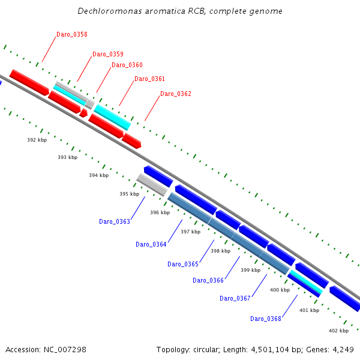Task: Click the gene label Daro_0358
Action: coord(71,35)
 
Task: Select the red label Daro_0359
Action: coord(108,54)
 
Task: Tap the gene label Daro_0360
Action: coord(127,65)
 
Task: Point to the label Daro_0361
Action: coord(149,79)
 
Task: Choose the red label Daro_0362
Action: coord(176,94)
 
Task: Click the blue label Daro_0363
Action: coord(115,221)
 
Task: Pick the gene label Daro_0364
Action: coord(151,244)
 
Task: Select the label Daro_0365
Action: coord(183,264)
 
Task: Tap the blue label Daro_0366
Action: coord(208,280)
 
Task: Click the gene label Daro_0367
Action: coord(235,298)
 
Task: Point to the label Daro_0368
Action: coord(266,319)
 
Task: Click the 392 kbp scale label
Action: coord(37,140)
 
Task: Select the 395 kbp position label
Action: coord(129,194)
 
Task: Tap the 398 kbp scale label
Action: coord(220,251)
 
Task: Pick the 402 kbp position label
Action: coord(338,331)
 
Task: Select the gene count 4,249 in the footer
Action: coord(342,350)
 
